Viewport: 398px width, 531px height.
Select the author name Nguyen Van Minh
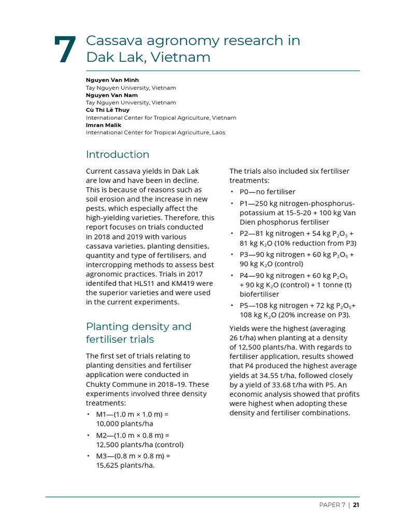(112, 80)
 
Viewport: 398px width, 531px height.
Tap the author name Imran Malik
(103, 125)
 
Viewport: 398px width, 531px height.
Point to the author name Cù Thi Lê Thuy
(108, 110)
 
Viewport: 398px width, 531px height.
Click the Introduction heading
(118, 155)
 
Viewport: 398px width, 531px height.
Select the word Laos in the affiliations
(218, 132)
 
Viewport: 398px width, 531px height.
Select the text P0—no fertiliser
(267, 192)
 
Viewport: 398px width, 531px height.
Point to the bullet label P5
(245, 305)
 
